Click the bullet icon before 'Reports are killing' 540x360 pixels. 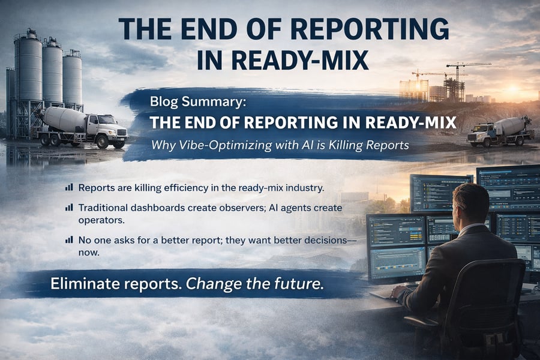click(69, 187)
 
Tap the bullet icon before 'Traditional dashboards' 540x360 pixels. click(69, 207)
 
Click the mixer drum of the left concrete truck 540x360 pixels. click(65, 118)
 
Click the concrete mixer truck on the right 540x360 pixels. click(500, 131)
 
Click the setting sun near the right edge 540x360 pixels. click(513, 89)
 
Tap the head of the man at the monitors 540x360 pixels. click(469, 203)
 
